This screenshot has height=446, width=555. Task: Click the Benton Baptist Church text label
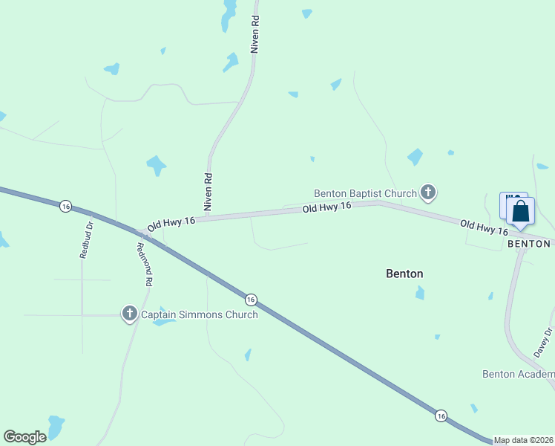click(x=365, y=193)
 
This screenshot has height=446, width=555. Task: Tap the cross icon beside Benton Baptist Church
click(x=427, y=193)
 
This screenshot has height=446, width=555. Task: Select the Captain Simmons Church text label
click(x=200, y=314)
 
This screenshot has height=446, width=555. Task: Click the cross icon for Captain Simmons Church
click(x=130, y=314)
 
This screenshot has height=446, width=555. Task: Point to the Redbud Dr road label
click(x=85, y=239)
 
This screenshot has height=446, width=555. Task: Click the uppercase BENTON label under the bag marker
click(x=530, y=244)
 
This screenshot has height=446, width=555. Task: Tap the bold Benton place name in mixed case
click(x=404, y=274)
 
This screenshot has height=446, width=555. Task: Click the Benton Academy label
click(x=518, y=374)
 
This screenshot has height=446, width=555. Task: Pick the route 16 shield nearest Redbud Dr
click(x=66, y=206)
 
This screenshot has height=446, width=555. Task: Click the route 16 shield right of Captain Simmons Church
click(x=252, y=300)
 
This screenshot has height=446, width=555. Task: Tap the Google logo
click(x=24, y=437)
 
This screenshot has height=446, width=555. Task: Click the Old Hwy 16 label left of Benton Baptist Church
click(x=326, y=209)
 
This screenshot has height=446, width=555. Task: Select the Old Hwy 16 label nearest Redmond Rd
click(x=171, y=222)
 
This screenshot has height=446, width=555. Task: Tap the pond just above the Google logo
click(x=56, y=424)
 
